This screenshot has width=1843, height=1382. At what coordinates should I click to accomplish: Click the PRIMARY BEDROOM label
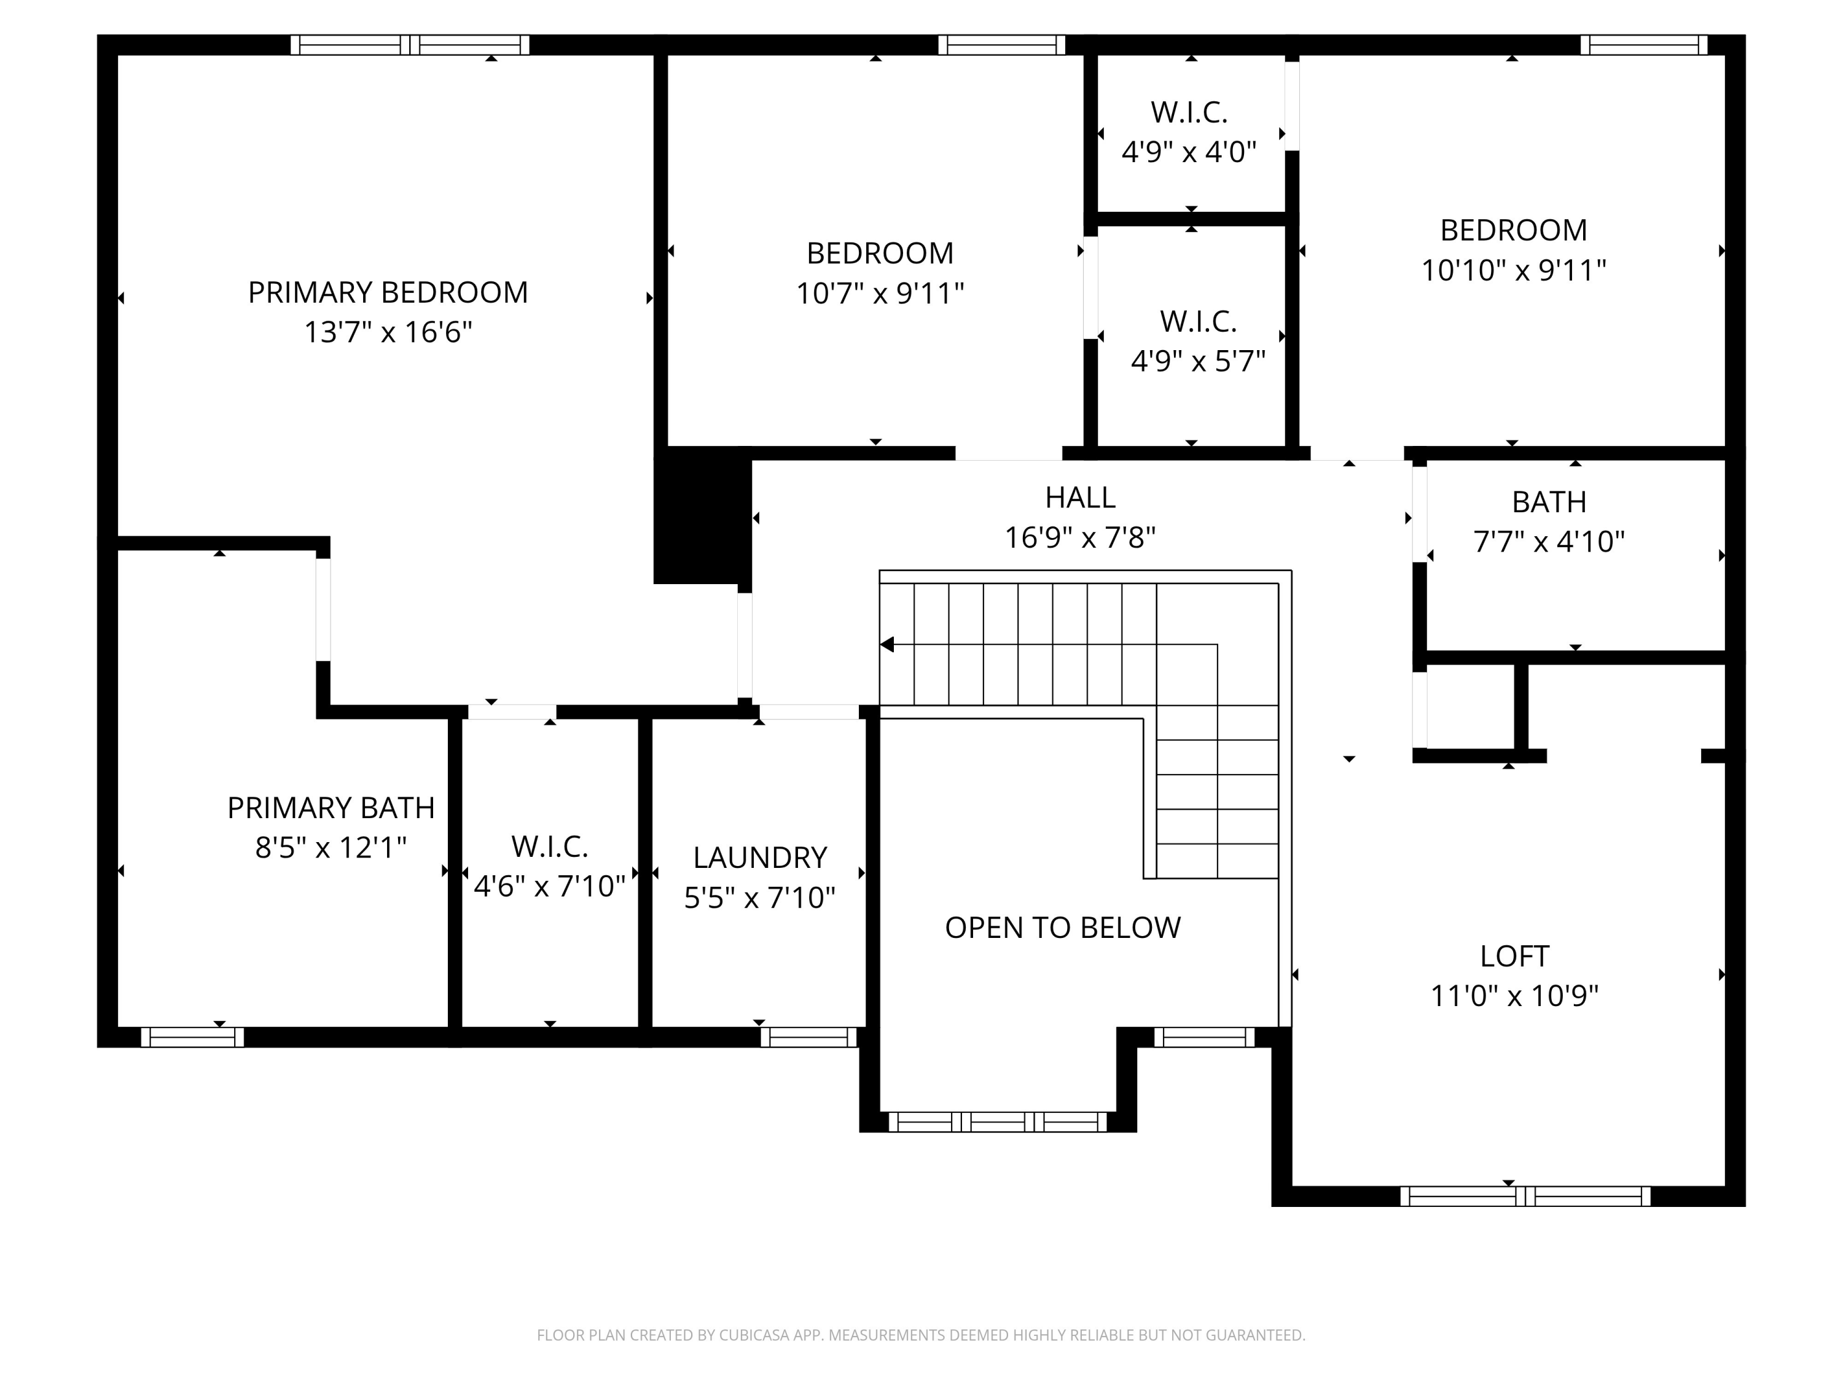pyautogui.click(x=388, y=292)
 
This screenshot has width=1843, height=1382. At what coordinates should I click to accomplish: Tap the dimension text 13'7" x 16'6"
pyautogui.click(x=388, y=332)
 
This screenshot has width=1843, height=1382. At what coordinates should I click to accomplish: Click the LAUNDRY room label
pyautogui.click(x=759, y=858)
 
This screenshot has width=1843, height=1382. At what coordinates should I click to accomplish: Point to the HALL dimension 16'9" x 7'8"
pyautogui.click(x=1080, y=538)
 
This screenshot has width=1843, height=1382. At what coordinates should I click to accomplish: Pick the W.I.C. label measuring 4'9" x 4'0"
pyautogui.click(x=1189, y=112)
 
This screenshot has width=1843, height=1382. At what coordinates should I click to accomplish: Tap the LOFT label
pyautogui.click(x=1514, y=956)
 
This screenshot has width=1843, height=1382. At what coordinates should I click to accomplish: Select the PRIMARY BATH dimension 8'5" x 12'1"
pyautogui.click(x=331, y=848)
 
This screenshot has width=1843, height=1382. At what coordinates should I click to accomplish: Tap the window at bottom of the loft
pyautogui.click(x=1525, y=1197)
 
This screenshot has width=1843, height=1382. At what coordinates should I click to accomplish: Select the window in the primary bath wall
pyautogui.click(x=192, y=1037)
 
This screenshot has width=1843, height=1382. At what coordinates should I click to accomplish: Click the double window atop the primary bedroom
pyautogui.click(x=409, y=45)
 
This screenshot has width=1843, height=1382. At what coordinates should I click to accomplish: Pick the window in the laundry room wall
pyautogui.click(x=808, y=1037)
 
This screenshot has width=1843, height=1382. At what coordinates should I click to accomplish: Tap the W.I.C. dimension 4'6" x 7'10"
pyautogui.click(x=549, y=886)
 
